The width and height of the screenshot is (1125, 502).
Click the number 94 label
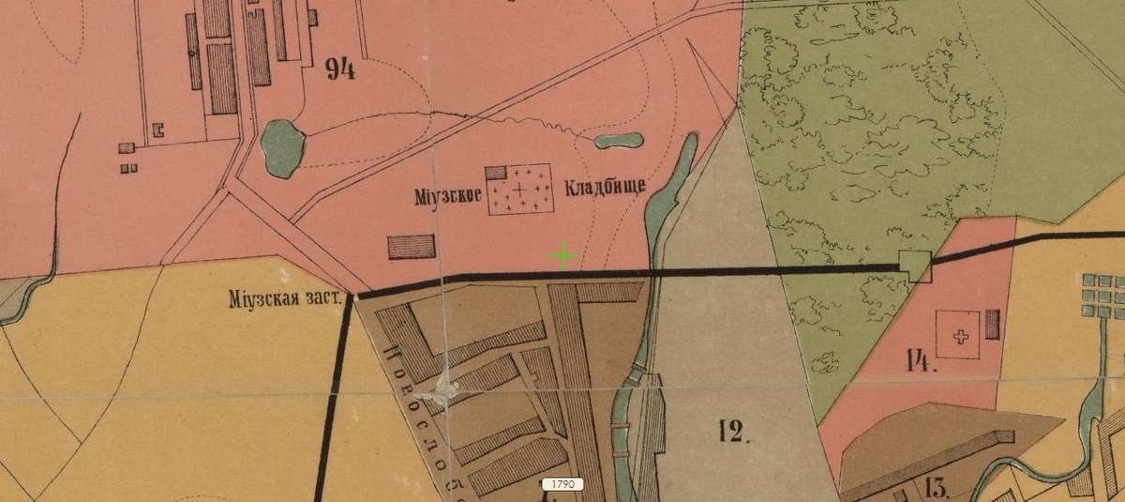tap(339, 70)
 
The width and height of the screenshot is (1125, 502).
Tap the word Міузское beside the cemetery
tap(448, 197)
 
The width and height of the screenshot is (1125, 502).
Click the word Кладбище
tap(606, 186)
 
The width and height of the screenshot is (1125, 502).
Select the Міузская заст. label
tap(284, 300)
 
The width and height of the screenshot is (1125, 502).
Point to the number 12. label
tap(736, 431)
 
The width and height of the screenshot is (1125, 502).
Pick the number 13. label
tap(937, 486)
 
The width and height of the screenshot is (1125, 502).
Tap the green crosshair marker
tap(562, 255)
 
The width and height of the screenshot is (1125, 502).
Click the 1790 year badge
tap(562, 484)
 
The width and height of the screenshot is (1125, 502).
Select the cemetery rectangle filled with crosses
tap(518, 190)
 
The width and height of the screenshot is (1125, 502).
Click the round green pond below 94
tap(282, 148)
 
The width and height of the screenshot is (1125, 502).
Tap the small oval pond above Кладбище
tap(619, 142)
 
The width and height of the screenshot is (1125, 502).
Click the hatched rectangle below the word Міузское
tap(412, 247)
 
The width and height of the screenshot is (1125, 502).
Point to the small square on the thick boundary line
tap(914, 266)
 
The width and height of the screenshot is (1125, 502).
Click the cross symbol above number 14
tap(959, 336)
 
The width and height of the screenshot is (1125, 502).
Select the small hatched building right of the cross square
tap(993, 325)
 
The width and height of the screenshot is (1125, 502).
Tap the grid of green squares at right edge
tap(1103, 298)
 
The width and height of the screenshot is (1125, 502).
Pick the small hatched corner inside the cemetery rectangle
tap(496, 173)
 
